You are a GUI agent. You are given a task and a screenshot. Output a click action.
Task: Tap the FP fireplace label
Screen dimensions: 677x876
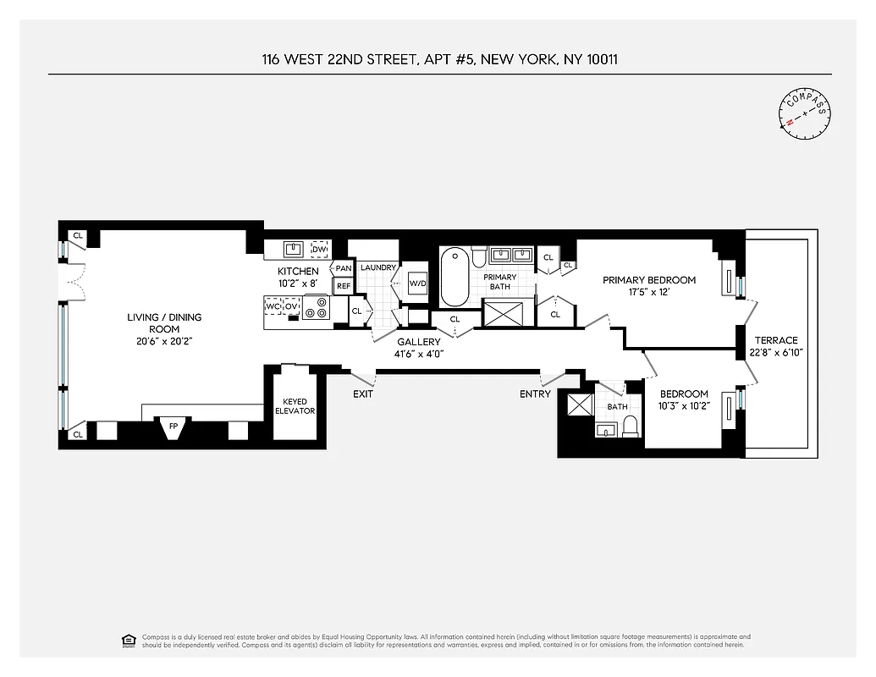click(174, 426)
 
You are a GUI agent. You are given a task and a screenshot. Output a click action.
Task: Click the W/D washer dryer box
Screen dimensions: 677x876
click(418, 283)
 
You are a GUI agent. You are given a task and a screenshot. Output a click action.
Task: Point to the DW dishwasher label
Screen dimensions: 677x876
click(319, 250)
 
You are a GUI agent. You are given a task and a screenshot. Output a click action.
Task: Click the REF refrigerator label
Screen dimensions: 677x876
click(344, 286)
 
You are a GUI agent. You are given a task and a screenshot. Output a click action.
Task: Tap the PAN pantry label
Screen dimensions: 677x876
click(344, 268)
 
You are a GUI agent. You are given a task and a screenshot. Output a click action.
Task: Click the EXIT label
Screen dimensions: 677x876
click(363, 394)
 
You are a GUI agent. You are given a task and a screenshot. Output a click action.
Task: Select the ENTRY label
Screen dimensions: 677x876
click(535, 394)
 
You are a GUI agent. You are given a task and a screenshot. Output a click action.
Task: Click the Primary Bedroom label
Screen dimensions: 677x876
click(649, 280)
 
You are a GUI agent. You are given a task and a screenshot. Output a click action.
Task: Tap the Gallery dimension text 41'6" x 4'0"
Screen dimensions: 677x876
click(419, 354)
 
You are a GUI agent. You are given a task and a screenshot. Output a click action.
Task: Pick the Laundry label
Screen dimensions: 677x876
click(377, 267)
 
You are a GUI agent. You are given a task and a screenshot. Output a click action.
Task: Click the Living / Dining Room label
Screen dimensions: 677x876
click(164, 323)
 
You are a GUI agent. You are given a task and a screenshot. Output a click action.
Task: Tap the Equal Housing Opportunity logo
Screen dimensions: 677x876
click(129, 639)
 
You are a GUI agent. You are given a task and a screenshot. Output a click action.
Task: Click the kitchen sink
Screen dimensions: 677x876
click(294, 250)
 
